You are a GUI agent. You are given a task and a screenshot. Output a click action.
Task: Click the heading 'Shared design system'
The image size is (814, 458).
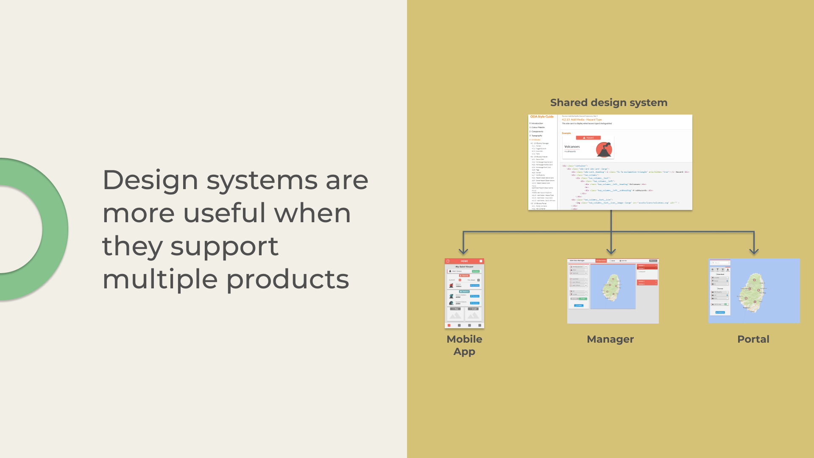click(608, 103)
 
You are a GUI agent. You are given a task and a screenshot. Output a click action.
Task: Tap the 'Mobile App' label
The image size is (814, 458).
click(464, 345)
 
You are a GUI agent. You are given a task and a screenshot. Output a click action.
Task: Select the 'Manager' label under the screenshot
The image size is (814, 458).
click(610, 339)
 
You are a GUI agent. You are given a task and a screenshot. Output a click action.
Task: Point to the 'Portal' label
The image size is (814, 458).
click(753, 339)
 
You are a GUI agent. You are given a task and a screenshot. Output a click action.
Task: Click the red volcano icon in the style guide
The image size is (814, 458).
click(604, 149)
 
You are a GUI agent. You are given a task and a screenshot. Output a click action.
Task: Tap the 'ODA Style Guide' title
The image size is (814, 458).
click(542, 117)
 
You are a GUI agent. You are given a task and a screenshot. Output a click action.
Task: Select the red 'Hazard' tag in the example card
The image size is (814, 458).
click(588, 138)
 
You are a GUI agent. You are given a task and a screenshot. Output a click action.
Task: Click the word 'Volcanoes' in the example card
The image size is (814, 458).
click(572, 147)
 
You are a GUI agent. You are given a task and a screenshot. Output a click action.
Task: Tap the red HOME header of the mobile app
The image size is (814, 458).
click(464, 261)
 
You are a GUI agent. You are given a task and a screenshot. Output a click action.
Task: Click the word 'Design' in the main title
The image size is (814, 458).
click(150, 180)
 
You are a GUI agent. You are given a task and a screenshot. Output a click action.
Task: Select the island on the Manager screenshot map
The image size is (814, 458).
click(612, 287)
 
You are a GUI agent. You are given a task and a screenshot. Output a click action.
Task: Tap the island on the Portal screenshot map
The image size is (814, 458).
click(754, 292)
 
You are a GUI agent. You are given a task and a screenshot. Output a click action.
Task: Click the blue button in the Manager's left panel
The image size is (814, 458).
click(579, 305)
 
